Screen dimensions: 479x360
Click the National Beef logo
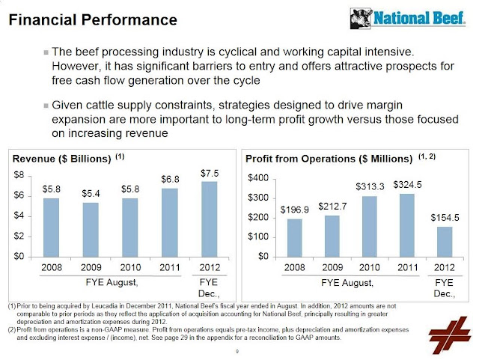coord(408,18)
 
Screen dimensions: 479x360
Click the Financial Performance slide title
coord(93,20)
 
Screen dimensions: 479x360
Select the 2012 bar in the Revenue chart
coord(210,219)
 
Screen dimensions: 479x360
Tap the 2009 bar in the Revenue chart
coord(91,230)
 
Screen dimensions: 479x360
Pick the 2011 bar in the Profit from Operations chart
coord(407,225)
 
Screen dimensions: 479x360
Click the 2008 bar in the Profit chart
coord(295,238)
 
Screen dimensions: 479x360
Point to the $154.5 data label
coord(445,218)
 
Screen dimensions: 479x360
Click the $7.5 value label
coord(210,174)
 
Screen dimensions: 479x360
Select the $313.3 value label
coord(370,186)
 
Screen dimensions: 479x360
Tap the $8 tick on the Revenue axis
coord(19,175)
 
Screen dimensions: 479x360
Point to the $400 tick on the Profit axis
coord(257,178)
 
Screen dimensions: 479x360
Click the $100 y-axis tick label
coord(257,237)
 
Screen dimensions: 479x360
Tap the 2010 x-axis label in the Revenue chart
coord(130,268)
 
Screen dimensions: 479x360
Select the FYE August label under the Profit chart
coord(347,283)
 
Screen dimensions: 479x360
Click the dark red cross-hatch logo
coord(449,335)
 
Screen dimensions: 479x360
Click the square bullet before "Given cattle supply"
coord(46,106)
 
